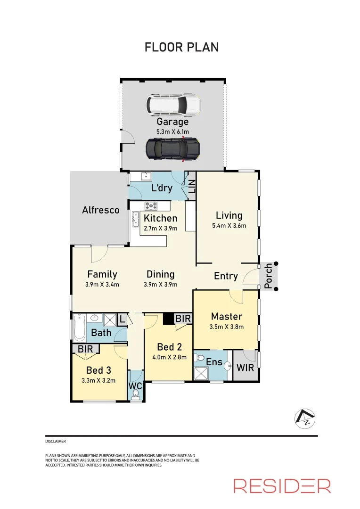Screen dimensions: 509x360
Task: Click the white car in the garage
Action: click(172, 105)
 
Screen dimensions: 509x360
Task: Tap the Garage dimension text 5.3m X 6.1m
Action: click(172, 132)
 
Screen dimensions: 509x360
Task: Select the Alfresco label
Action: click(101, 210)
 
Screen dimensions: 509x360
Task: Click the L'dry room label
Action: click(161, 188)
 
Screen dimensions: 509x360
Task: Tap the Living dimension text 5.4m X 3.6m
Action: click(229, 225)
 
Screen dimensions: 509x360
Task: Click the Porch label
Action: click(268, 276)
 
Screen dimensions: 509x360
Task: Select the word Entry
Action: click(226, 276)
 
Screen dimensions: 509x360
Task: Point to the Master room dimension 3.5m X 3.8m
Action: click(227, 327)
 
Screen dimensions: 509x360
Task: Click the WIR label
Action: click(245, 367)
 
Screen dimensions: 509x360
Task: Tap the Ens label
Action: click(213, 362)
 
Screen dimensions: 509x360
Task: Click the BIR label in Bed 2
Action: click(183, 319)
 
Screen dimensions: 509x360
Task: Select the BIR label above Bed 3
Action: click(85, 349)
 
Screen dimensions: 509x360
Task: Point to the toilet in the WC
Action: click(136, 393)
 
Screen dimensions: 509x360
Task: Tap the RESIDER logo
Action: click(282, 485)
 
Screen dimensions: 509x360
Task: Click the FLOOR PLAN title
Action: click(181, 47)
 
